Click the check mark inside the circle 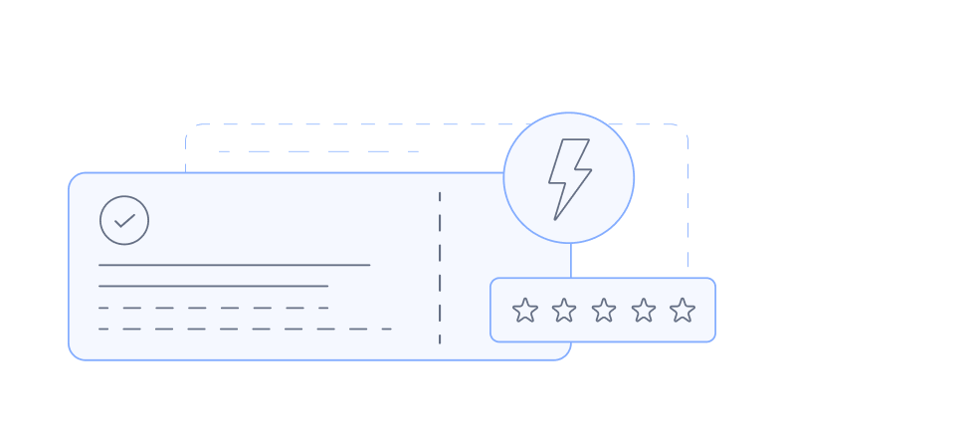click(x=124, y=220)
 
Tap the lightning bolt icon click(x=569, y=178)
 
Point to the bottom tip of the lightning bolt click(x=555, y=219)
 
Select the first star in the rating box click(x=525, y=311)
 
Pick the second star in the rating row click(x=564, y=311)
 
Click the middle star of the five click(x=604, y=311)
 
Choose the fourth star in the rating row click(x=644, y=311)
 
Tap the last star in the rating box click(x=683, y=311)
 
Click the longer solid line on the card click(x=234, y=265)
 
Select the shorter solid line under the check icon click(x=213, y=286)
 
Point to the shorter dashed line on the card click(x=213, y=308)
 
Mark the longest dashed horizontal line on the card click(x=245, y=329)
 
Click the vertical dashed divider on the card click(x=440, y=267)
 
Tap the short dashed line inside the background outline click(x=318, y=151)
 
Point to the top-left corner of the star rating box click(x=493, y=281)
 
